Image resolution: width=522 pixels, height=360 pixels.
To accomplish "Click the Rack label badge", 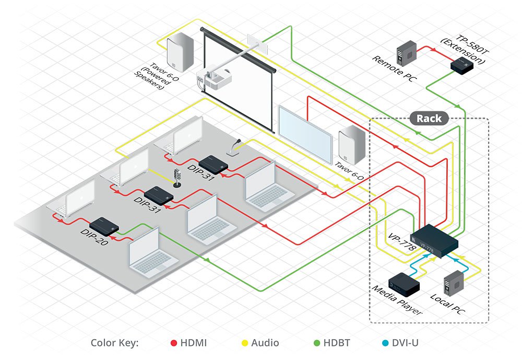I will pos(429,118).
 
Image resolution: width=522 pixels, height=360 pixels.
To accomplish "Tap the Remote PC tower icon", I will pos(407,51).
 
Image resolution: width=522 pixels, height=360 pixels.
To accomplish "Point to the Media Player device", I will pos(403,284).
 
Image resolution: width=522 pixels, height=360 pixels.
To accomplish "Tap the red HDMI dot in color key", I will pos(174,343).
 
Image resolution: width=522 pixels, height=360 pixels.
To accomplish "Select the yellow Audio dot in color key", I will pos(244,343).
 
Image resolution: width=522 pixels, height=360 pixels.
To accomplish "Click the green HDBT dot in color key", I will pos(316,343).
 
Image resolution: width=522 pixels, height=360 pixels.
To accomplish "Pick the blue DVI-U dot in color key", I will pos(385,343).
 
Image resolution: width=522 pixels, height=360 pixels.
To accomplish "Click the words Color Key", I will pos(114,343).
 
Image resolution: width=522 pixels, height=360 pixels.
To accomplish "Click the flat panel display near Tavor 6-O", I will pos(306,133).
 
